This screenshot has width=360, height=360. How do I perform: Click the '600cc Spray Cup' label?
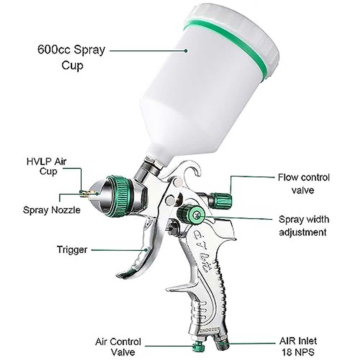click(71, 57)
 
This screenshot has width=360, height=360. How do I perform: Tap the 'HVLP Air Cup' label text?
click(46, 166)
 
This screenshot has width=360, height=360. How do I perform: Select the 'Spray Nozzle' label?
click(52, 210)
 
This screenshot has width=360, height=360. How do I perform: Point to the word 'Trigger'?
click(72, 250)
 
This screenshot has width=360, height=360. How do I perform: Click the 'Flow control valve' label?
click(303, 184)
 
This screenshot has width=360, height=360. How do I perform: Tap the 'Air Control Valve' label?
click(118, 346)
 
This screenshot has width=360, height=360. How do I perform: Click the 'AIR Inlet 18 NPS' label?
click(298, 346)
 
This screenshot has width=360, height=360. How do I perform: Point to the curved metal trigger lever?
click(141, 252)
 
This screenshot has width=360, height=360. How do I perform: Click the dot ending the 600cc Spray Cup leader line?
click(186, 51)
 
